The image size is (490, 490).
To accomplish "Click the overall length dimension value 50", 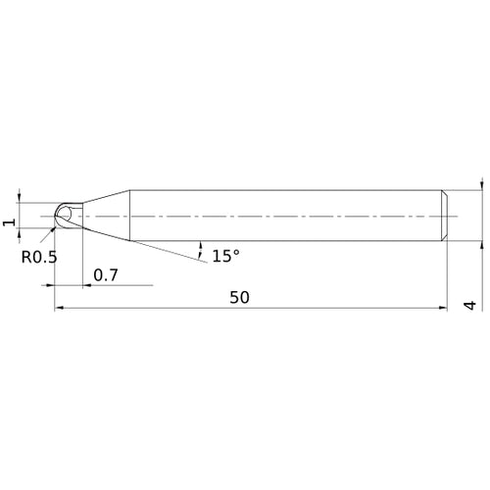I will click(x=239, y=298).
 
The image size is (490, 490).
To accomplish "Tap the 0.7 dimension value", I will click(x=106, y=275).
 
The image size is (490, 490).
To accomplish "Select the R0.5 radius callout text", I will click(x=38, y=257).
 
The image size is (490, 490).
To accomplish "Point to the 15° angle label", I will click(x=224, y=256).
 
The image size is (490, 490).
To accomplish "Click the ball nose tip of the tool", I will click(x=60, y=215).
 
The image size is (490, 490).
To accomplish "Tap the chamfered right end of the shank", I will click(x=446, y=215).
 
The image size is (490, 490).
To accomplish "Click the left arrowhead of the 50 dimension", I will click(x=58, y=308).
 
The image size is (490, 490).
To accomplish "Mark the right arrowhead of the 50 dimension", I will click(x=444, y=308).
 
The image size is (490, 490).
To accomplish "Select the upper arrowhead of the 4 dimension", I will click(x=481, y=185).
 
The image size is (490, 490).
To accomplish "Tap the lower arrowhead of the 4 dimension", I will click(x=481, y=244).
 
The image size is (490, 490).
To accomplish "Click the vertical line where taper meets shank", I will click(x=132, y=215).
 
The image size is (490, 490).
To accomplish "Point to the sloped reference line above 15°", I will click(x=157, y=249).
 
